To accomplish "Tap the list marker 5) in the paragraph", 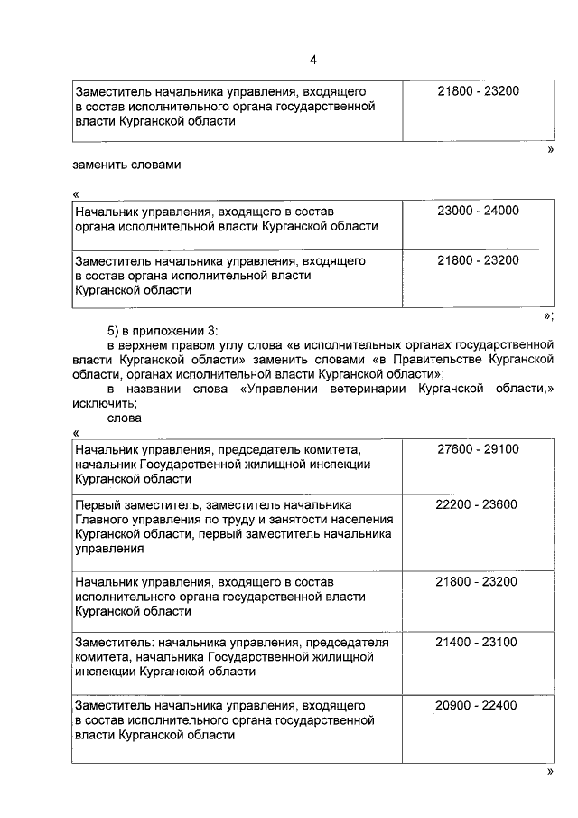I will pyautogui.click(x=114, y=330).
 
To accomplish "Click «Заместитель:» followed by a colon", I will pyautogui.click(x=112, y=643).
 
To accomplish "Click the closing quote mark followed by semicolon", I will pyautogui.click(x=548, y=315).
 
